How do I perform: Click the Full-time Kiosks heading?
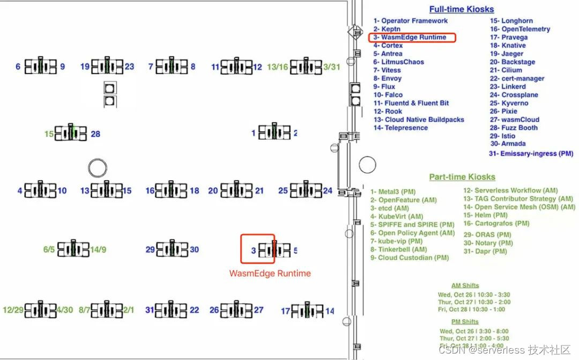(x=461, y=9)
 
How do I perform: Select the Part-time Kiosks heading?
(x=462, y=177)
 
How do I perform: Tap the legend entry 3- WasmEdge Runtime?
(x=411, y=38)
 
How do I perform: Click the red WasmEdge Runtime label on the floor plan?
(x=270, y=274)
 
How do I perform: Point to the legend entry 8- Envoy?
(x=388, y=78)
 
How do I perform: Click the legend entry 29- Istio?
(x=502, y=136)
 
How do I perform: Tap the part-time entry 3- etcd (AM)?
(x=390, y=208)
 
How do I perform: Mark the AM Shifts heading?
(x=465, y=285)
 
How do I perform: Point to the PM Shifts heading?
(x=465, y=322)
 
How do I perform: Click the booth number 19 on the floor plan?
(x=85, y=67)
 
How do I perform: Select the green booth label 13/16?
(x=277, y=67)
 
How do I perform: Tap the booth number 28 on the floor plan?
(x=95, y=134)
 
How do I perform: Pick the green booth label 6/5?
(x=49, y=249)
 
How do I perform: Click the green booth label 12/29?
(x=12, y=310)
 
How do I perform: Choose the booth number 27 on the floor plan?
(x=258, y=310)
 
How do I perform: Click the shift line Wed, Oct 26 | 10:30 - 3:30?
(x=473, y=295)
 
